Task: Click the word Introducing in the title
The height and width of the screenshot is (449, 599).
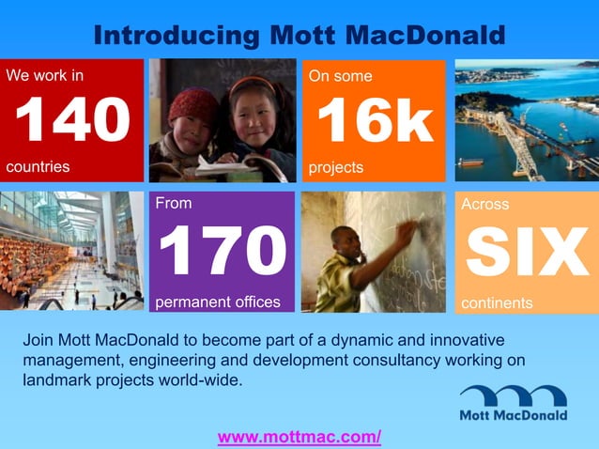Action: pos(176,35)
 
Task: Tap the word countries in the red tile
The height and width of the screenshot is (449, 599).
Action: pos(38,166)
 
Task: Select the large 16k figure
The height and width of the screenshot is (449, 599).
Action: pos(374,120)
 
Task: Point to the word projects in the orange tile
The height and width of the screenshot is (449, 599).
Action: pos(336,167)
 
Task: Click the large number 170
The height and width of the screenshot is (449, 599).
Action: pos(222,251)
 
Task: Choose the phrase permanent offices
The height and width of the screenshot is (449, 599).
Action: pos(217,302)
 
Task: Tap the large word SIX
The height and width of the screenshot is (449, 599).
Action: pos(527,253)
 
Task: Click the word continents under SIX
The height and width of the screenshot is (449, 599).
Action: pos(497,303)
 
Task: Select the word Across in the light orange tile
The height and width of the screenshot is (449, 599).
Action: pos(484,204)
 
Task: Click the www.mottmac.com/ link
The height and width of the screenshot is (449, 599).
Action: pos(299,437)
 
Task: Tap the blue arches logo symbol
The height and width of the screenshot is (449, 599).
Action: pos(513,395)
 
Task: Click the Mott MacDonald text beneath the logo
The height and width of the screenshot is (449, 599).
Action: pos(513,414)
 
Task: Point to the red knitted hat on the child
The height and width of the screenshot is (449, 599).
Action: pos(192,101)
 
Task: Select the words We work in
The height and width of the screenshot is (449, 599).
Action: pos(45,75)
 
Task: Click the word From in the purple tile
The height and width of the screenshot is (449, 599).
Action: pos(173,203)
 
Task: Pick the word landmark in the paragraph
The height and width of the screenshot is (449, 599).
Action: pos(55,379)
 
